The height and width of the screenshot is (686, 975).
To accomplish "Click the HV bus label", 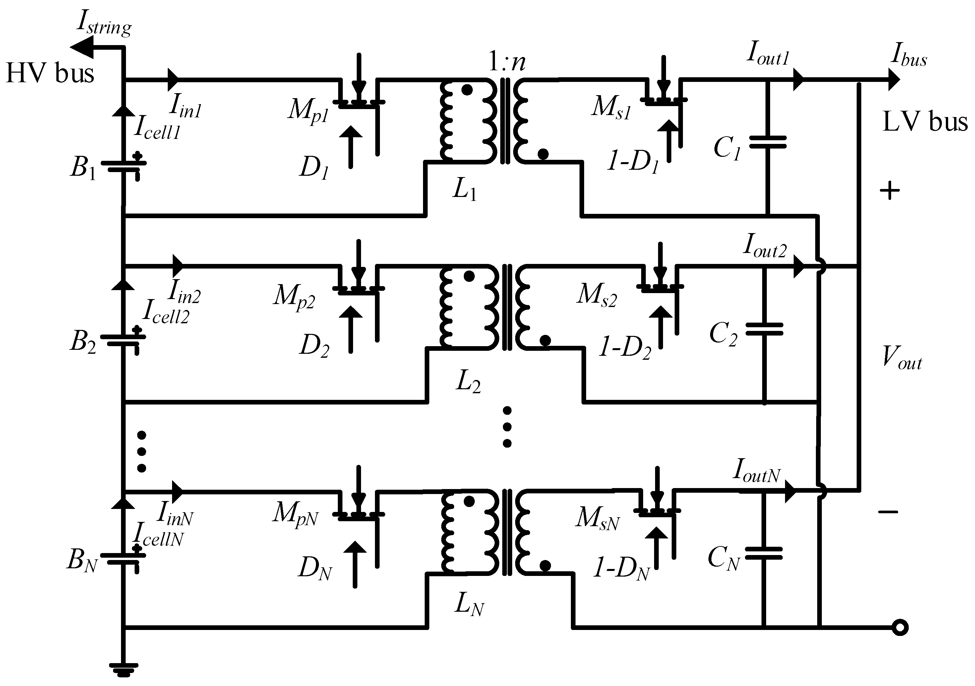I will pos(50,73).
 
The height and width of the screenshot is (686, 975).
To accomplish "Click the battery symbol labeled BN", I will pos(123,558).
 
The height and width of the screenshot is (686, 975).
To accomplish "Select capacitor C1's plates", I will pos(767,142).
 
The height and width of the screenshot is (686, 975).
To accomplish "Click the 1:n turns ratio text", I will pos(507,62).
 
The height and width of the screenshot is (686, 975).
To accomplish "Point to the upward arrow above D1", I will pos(351,147).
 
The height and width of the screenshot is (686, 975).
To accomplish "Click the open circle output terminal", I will pos(900,627).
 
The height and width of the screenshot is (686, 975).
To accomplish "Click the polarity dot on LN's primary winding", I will pos(469,502).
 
